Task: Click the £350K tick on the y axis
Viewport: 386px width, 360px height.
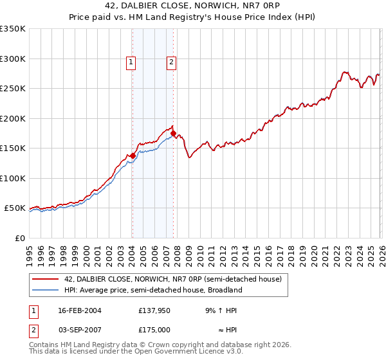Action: click(13, 29)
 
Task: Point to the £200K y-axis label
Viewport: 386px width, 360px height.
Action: click(13, 118)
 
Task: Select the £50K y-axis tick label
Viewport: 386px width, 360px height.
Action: click(15, 208)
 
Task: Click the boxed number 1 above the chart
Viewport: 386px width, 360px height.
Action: click(131, 62)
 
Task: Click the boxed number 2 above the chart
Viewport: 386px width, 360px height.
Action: click(172, 62)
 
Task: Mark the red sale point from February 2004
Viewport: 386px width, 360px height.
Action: click(133, 156)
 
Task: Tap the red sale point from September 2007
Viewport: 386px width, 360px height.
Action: click(173, 133)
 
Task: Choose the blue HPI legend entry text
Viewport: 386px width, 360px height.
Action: click(153, 290)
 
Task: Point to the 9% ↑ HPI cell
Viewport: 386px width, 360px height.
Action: click(220, 310)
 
